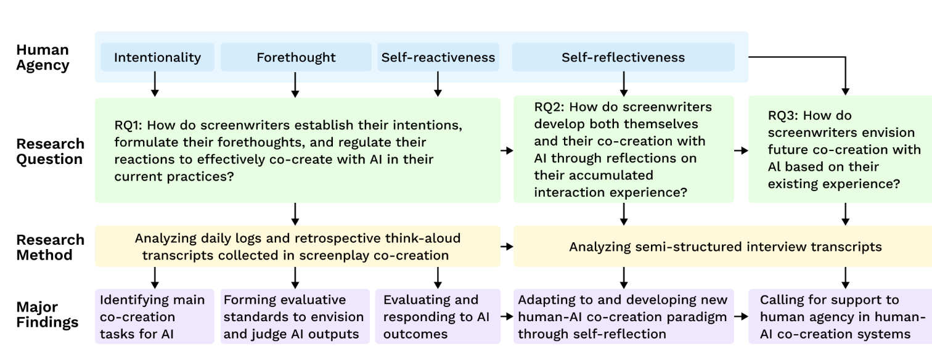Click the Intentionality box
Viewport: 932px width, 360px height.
click(x=157, y=57)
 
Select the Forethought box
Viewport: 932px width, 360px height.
click(x=296, y=57)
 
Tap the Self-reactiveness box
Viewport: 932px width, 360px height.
click(x=438, y=57)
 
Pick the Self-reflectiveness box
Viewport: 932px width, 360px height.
click(x=623, y=57)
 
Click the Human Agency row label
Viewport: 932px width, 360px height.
click(x=43, y=57)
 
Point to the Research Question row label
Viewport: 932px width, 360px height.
click(x=50, y=152)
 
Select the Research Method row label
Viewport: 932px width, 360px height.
click(x=50, y=247)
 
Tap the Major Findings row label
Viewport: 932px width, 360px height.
click(x=47, y=314)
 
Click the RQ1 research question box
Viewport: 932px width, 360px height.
click(x=298, y=150)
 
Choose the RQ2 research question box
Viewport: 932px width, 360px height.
click(x=624, y=149)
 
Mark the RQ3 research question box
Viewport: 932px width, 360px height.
click(x=840, y=149)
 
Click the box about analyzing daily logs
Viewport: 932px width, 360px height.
click(x=298, y=247)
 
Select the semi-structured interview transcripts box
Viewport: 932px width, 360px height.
click(x=722, y=247)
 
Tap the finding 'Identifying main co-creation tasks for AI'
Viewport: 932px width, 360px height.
click(x=154, y=316)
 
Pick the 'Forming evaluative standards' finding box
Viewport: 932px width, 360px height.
click(x=295, y=316)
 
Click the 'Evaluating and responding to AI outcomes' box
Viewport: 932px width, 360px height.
click(x=438, y=316)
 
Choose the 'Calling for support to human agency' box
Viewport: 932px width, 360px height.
click(x=840, y=316)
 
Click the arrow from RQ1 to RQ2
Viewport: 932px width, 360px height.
click(x=507, y=150)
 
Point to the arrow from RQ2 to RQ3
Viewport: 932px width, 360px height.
click(x=742, y=150)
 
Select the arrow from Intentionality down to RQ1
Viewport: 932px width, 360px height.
click(x=155, y=84)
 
